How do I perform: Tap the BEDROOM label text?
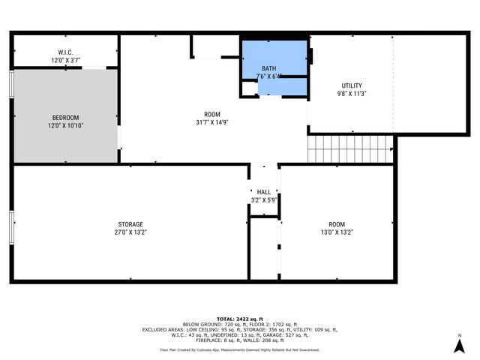(64, 118)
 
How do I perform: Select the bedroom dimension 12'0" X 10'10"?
(64, 125)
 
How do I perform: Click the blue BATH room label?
(268, 68)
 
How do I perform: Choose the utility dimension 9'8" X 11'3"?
(352, 95)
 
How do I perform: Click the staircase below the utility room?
(350, 148)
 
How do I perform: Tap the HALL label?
(264, 193)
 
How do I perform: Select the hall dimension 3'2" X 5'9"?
(264, 201)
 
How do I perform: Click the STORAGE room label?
(130, 224)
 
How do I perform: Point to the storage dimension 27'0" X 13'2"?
(130, 232)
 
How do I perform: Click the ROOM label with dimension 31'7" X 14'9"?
(212, 114)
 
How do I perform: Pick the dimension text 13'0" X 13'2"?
(337, 232)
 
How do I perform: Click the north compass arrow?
(459, 344)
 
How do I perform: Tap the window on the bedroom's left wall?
(11, 84)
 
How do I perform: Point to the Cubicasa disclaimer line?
(240, 349)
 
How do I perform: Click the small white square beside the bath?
(249, 88)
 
